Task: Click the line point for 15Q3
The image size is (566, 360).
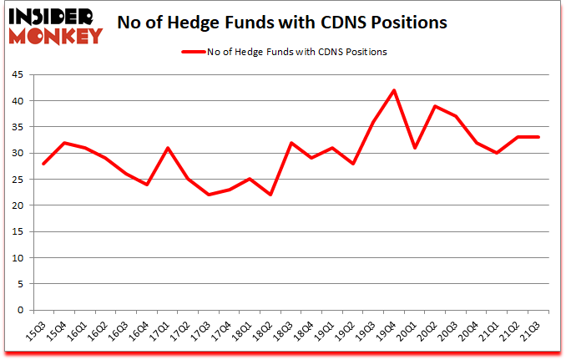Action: pyautogui.click(x=42, y=164)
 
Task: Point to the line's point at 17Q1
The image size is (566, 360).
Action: pyautogui.click(x=169, y=148)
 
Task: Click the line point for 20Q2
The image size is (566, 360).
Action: pyautogui.click(x=435, y=106)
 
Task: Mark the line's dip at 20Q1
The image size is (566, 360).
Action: pyautogui.click(x=414, y=148)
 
